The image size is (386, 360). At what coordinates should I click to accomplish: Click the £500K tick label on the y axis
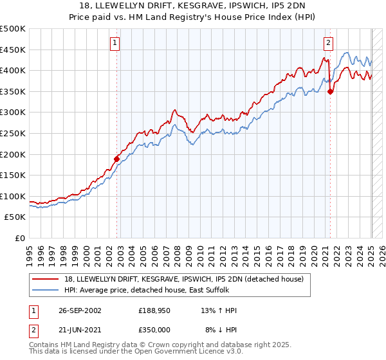pyautogui.click(x=13, y=29)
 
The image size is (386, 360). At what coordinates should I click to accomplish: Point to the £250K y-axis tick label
pyautogui.click(x=13, y=133)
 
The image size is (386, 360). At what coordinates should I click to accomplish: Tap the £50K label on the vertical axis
pyautogui.click(x=15, y=217)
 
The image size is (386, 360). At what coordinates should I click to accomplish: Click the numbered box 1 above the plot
pyautogui.click(x=115, y=43)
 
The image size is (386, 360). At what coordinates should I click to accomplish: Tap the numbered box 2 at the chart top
pyautogui.click(x=328, y=43)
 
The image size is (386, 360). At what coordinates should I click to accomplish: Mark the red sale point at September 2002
pyautogui.click(x=117, y=159)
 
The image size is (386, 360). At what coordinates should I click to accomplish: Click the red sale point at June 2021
pyautogui.click(x=330, y=92)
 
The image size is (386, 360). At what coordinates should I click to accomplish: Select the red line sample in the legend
pyautogui.click(x=46, y=278)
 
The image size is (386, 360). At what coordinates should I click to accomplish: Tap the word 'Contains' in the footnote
pyautogui.click(x=46, y=345)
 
